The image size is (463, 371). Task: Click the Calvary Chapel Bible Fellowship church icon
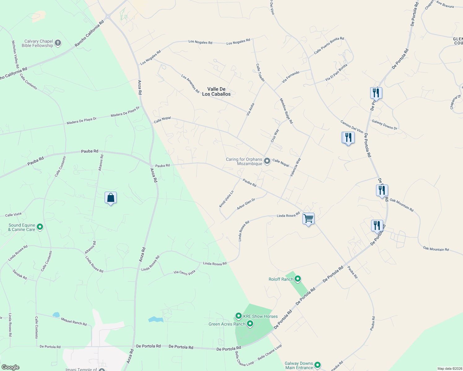[x=58, y=43]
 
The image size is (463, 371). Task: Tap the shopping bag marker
[x=110, y=198]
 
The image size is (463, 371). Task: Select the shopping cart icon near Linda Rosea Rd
[x=308, y=219]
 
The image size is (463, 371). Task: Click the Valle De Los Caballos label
[x=216, y=92]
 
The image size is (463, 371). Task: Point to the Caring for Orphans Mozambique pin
[x=267, y=161]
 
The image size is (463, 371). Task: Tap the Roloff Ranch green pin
[x=298, y=279]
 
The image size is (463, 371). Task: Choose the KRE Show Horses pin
[x=238, y=316]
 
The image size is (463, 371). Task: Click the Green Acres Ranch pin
[x=250, y=324]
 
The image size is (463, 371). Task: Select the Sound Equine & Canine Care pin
[x=40, y=227]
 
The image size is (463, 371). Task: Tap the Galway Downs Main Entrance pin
[x=317, y=365]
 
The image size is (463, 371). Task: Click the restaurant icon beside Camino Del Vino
[x=348, y=138]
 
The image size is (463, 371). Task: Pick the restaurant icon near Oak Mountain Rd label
[x=382, y=190]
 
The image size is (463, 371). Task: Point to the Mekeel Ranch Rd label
[x=74, y=322]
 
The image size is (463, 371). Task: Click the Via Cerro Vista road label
[x=184, y=272]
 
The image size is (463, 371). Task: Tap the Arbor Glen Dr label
[x=246, y=204]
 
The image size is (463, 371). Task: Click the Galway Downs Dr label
[x=384, y=125]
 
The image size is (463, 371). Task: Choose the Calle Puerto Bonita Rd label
[x=329, y=46]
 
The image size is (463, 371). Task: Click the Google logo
[x=10, y=367]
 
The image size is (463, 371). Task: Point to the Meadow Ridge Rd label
[x=286, y=111]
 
